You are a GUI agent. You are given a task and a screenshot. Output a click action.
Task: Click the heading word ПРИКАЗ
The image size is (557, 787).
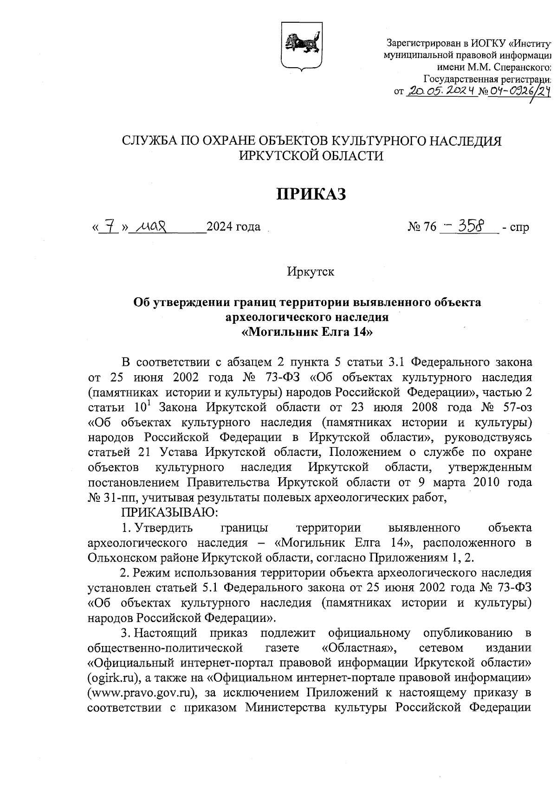pos(312,194)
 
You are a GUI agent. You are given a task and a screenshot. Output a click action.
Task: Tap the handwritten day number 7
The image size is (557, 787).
pos(109,227)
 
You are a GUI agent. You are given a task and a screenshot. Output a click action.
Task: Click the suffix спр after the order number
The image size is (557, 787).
pos(519,228)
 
